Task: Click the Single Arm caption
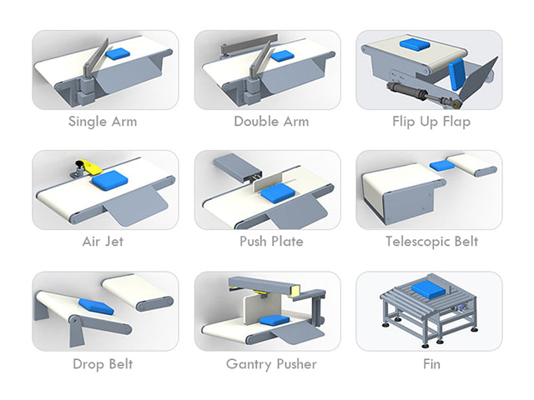tap(103, 122)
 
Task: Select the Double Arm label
tap(271, 122)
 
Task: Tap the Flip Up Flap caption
tap(431, 122)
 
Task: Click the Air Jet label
tap(103, 242)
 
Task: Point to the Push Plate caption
tap(271, 242)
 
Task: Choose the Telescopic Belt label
tap(431, 242)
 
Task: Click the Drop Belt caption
tap(103, 364)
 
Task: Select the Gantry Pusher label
tap(271, 364)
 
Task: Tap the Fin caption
tap(431, 364)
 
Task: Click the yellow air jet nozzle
tap(91, 167)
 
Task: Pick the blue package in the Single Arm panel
tap(118, 53)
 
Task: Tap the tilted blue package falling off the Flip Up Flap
tap(456, 74)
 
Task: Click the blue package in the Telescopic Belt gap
tap(442, 165)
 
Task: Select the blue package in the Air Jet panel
tap(108, 180)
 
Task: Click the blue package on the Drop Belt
tap(96, 307)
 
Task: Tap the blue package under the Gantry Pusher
tap(275, 320)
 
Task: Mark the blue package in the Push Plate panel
tap(278, 193)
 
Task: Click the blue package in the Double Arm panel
tap(282, 56)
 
